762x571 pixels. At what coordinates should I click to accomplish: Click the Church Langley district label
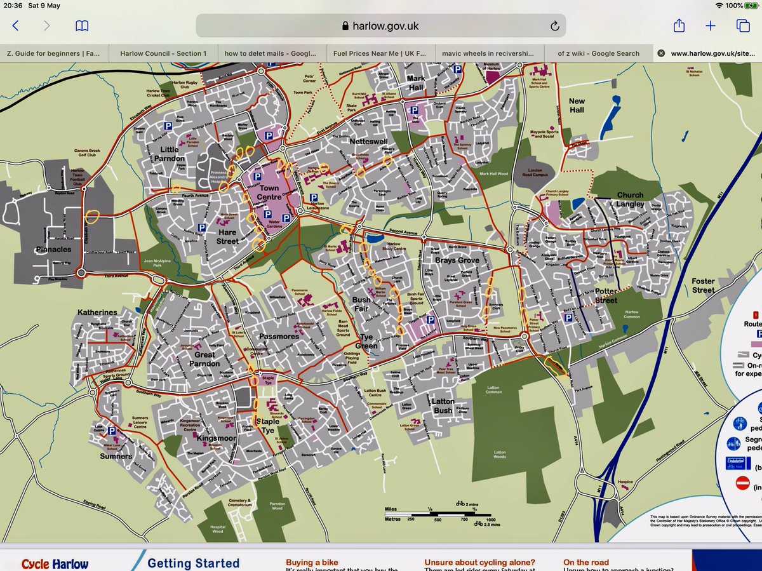[631, 199]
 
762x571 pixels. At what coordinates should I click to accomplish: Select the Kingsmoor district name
[217, 438]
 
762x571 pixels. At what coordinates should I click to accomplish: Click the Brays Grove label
[457, 260]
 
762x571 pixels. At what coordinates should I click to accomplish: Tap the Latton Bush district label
[443, 405]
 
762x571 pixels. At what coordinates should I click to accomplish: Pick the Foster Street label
[703, 285]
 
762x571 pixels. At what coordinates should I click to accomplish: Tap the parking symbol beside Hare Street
[202, 227]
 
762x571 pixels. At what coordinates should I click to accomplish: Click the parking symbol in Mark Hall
[415, 111]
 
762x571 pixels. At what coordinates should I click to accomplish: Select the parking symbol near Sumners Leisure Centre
[112, 431]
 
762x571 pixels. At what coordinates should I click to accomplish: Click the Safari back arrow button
[16, 26]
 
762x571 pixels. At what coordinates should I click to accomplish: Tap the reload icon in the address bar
[554, 26]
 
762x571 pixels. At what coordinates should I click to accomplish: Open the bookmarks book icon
[82, 26]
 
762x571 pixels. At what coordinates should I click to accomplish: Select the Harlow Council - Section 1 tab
[163, 53]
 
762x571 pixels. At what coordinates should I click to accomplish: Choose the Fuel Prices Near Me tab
[380, 53]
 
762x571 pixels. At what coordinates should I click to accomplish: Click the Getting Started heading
[193, 563]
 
